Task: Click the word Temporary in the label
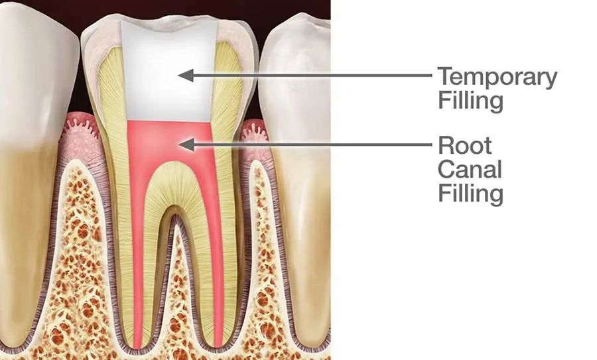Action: [497, 78]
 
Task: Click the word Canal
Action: [469, 170]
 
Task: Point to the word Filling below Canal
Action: [470, 194]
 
